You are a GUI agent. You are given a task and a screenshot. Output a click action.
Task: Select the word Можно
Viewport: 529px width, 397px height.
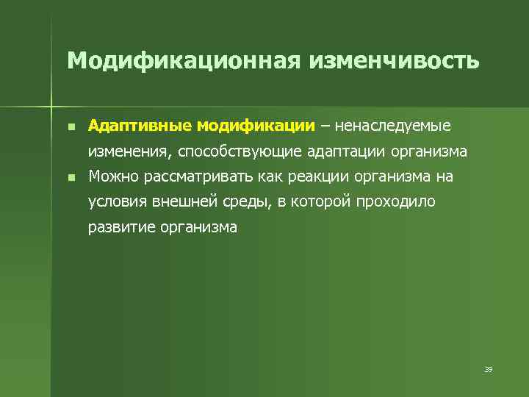109,177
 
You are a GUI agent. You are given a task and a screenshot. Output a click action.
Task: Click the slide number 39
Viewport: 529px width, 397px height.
488,369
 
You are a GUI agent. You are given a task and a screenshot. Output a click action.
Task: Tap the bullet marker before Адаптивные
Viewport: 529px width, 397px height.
70,126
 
